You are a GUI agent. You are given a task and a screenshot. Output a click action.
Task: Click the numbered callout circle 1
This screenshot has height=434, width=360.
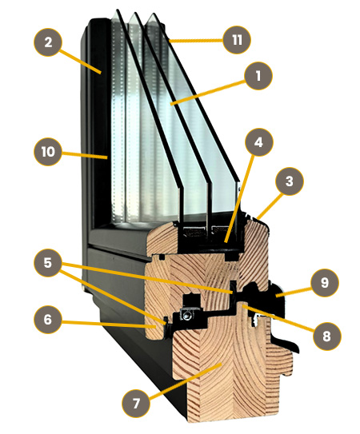coord(258,76)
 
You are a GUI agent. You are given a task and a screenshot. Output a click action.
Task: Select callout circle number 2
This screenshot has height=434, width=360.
coord(48,42)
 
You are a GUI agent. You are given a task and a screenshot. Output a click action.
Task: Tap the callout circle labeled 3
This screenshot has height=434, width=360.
coord(290,181)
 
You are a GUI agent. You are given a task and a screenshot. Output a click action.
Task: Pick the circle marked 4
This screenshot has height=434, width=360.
coord(259,142)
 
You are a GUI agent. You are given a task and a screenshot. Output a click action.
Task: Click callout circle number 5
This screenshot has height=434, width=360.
coord(48,262)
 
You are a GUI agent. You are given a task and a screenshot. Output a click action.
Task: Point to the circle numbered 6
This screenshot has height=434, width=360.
coord(48,320)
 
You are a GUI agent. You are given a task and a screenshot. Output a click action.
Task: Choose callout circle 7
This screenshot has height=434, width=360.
coord(136,404)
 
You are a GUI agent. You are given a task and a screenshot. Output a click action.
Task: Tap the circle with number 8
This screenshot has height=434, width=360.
coord(326,336)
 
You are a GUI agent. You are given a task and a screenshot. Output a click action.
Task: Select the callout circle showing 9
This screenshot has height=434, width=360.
coord(325,283)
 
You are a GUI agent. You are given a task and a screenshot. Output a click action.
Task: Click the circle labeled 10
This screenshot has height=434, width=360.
coord(48,152)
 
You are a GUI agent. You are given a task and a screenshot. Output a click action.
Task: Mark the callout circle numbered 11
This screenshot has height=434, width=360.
coord(237,40)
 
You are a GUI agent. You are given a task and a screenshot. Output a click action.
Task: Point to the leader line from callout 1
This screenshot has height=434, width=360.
coord(208,92)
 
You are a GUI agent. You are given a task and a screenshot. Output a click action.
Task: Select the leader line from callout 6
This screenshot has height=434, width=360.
coord(108,325)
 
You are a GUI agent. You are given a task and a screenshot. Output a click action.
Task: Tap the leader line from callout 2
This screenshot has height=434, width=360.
coord(80,62)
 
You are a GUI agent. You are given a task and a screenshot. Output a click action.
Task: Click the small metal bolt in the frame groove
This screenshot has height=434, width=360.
coord(186,315)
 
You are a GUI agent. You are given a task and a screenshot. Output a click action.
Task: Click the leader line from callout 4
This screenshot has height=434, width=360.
coord(240,199)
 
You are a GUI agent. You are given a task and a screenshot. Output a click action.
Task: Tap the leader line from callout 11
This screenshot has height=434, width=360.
coord(196,41)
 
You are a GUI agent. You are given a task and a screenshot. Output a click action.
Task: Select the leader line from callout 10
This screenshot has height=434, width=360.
coord(85,155)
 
